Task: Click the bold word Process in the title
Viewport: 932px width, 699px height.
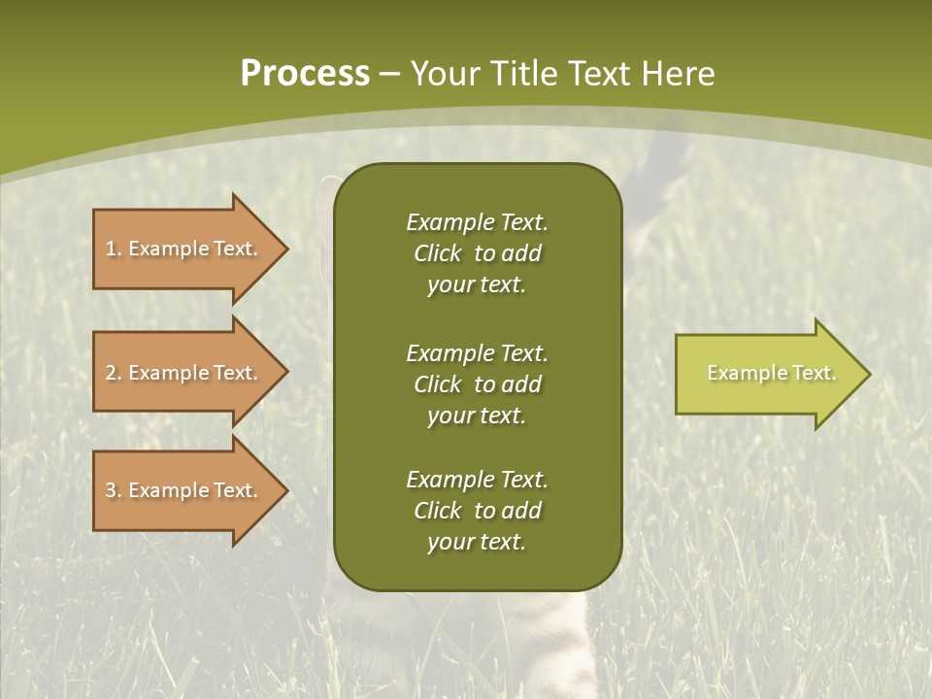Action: coord(305,73)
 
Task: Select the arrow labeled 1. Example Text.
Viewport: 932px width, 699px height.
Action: coord(183,249)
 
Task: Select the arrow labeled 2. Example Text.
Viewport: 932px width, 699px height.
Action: coord(183,373)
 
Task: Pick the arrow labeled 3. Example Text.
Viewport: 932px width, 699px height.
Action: coord(183,490)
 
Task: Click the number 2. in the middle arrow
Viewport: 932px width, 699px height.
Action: coord(114,373)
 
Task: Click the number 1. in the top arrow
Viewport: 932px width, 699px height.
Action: coord(114,249)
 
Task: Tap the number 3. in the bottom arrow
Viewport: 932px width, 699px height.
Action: coord(114,490)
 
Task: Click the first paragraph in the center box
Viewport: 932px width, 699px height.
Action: coord(477,253)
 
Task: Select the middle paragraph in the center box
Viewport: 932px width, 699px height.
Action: coord(477,383)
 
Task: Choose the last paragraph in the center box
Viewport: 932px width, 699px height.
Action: coord(477,511)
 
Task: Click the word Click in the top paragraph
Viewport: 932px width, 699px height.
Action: coord(437,253)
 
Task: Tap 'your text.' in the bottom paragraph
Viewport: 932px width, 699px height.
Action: coord(477,542)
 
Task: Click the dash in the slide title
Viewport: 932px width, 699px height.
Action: coord(390,74)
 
